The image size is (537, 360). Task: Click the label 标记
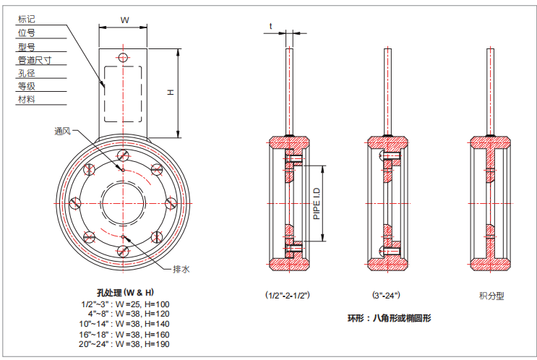[26, 20]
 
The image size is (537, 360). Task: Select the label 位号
[26, 33]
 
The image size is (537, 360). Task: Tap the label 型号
[26, 46]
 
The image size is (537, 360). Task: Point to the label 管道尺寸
[32, 59]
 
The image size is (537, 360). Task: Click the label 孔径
[26, 72]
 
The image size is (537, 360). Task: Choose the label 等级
[26, 86]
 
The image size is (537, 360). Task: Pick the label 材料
[26, 99]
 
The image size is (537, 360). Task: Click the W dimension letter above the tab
[124, 20]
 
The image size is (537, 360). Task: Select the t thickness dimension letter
[271, 27]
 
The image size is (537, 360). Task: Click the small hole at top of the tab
[124, 57]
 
